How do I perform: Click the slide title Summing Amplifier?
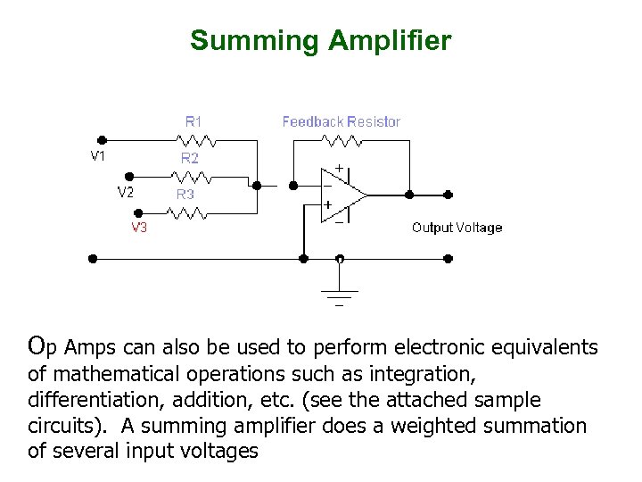[x=320, y=41]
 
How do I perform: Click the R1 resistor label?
[x=193, y=120]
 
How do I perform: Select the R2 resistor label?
[x=190, y=158]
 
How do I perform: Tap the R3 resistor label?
[x=185, y=194]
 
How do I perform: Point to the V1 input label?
[x=98, y=155]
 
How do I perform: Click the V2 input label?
[x=126, y=192]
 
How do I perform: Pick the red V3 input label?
[x=140, y=228]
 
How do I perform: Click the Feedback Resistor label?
[x=341, y=121]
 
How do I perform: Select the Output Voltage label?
[x=457, y=228]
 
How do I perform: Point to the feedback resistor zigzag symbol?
[x=342, y=140]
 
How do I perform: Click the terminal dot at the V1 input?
[x=102, y=140]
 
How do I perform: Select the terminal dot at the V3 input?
[x=137, y=212]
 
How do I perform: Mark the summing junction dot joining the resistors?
[x=257, y=186]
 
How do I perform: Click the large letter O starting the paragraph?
[x=37, y=345]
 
